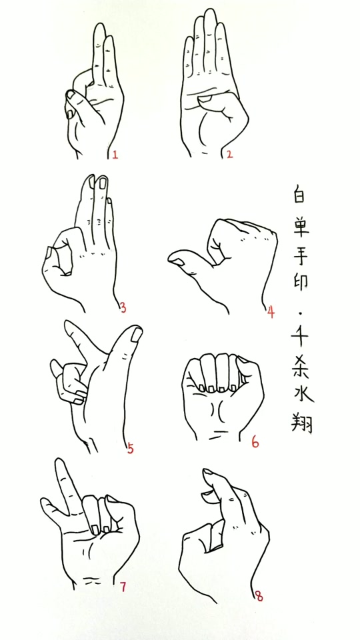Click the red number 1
[x=115, y=155]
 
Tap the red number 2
[x=229, y=155]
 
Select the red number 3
[x=123, y=307]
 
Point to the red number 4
[x=271, y=312]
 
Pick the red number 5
[x=130, y=448]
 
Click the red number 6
[x=255, y=442]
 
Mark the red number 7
[x=123, y=587]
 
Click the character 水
[x=302, y=393]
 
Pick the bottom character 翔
[x=302, y=422]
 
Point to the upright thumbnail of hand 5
[x=135, y=333]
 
